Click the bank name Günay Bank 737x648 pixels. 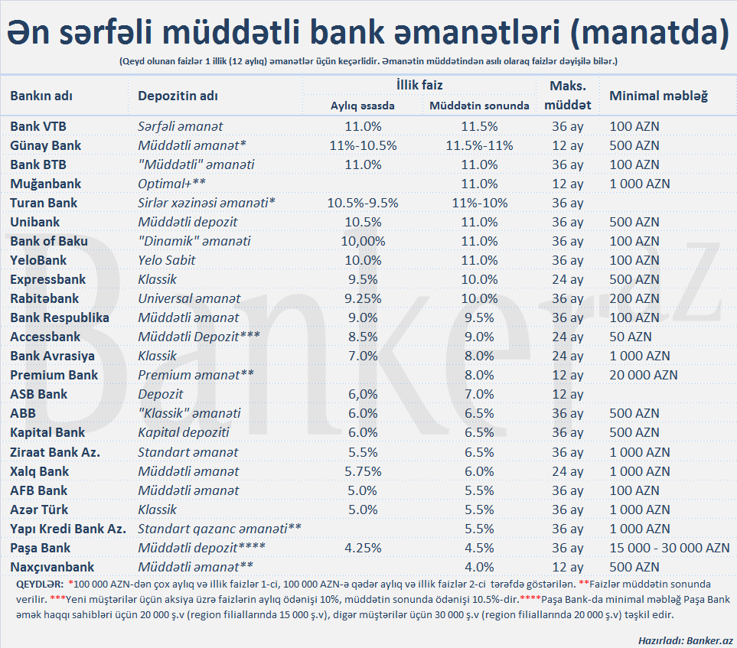46,145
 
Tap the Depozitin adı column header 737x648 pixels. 178,96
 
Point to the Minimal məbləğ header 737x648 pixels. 658,96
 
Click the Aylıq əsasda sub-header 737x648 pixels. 363,106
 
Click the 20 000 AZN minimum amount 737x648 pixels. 644,375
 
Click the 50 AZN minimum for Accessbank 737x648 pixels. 629,337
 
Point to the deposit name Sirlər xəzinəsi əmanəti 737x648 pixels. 206,203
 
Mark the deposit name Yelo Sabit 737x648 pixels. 167,260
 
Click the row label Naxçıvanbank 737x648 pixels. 52,567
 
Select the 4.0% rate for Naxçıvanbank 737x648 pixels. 480,567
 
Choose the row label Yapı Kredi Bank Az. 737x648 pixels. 68,529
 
